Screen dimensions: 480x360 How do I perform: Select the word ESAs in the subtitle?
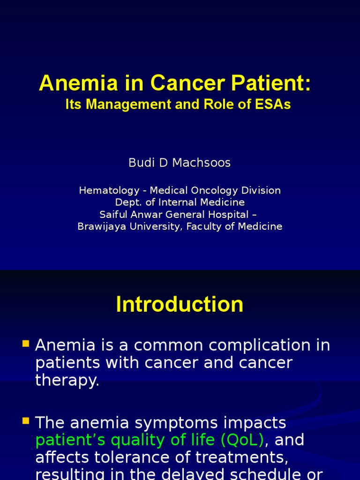274,104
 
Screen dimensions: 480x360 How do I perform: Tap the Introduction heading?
180,304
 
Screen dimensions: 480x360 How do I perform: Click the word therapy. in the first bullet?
67,380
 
